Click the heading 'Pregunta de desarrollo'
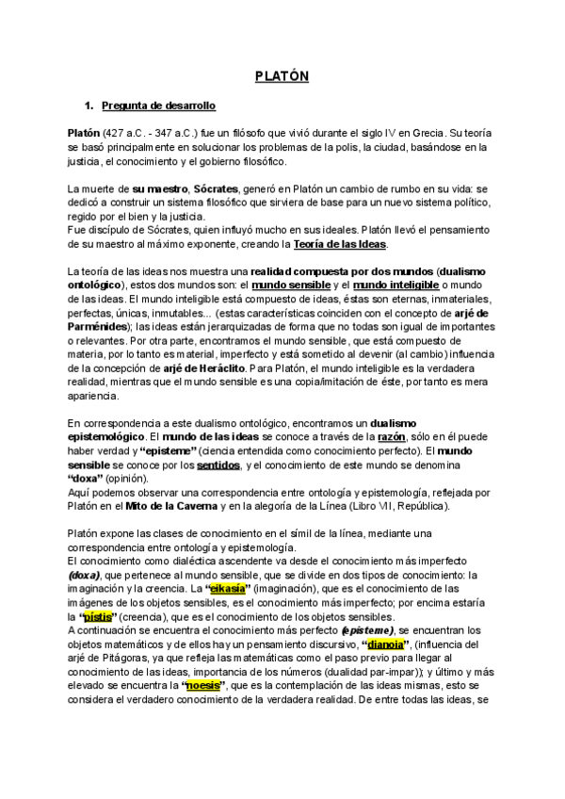tap(158, 105)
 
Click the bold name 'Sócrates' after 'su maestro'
tap(216, 188)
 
